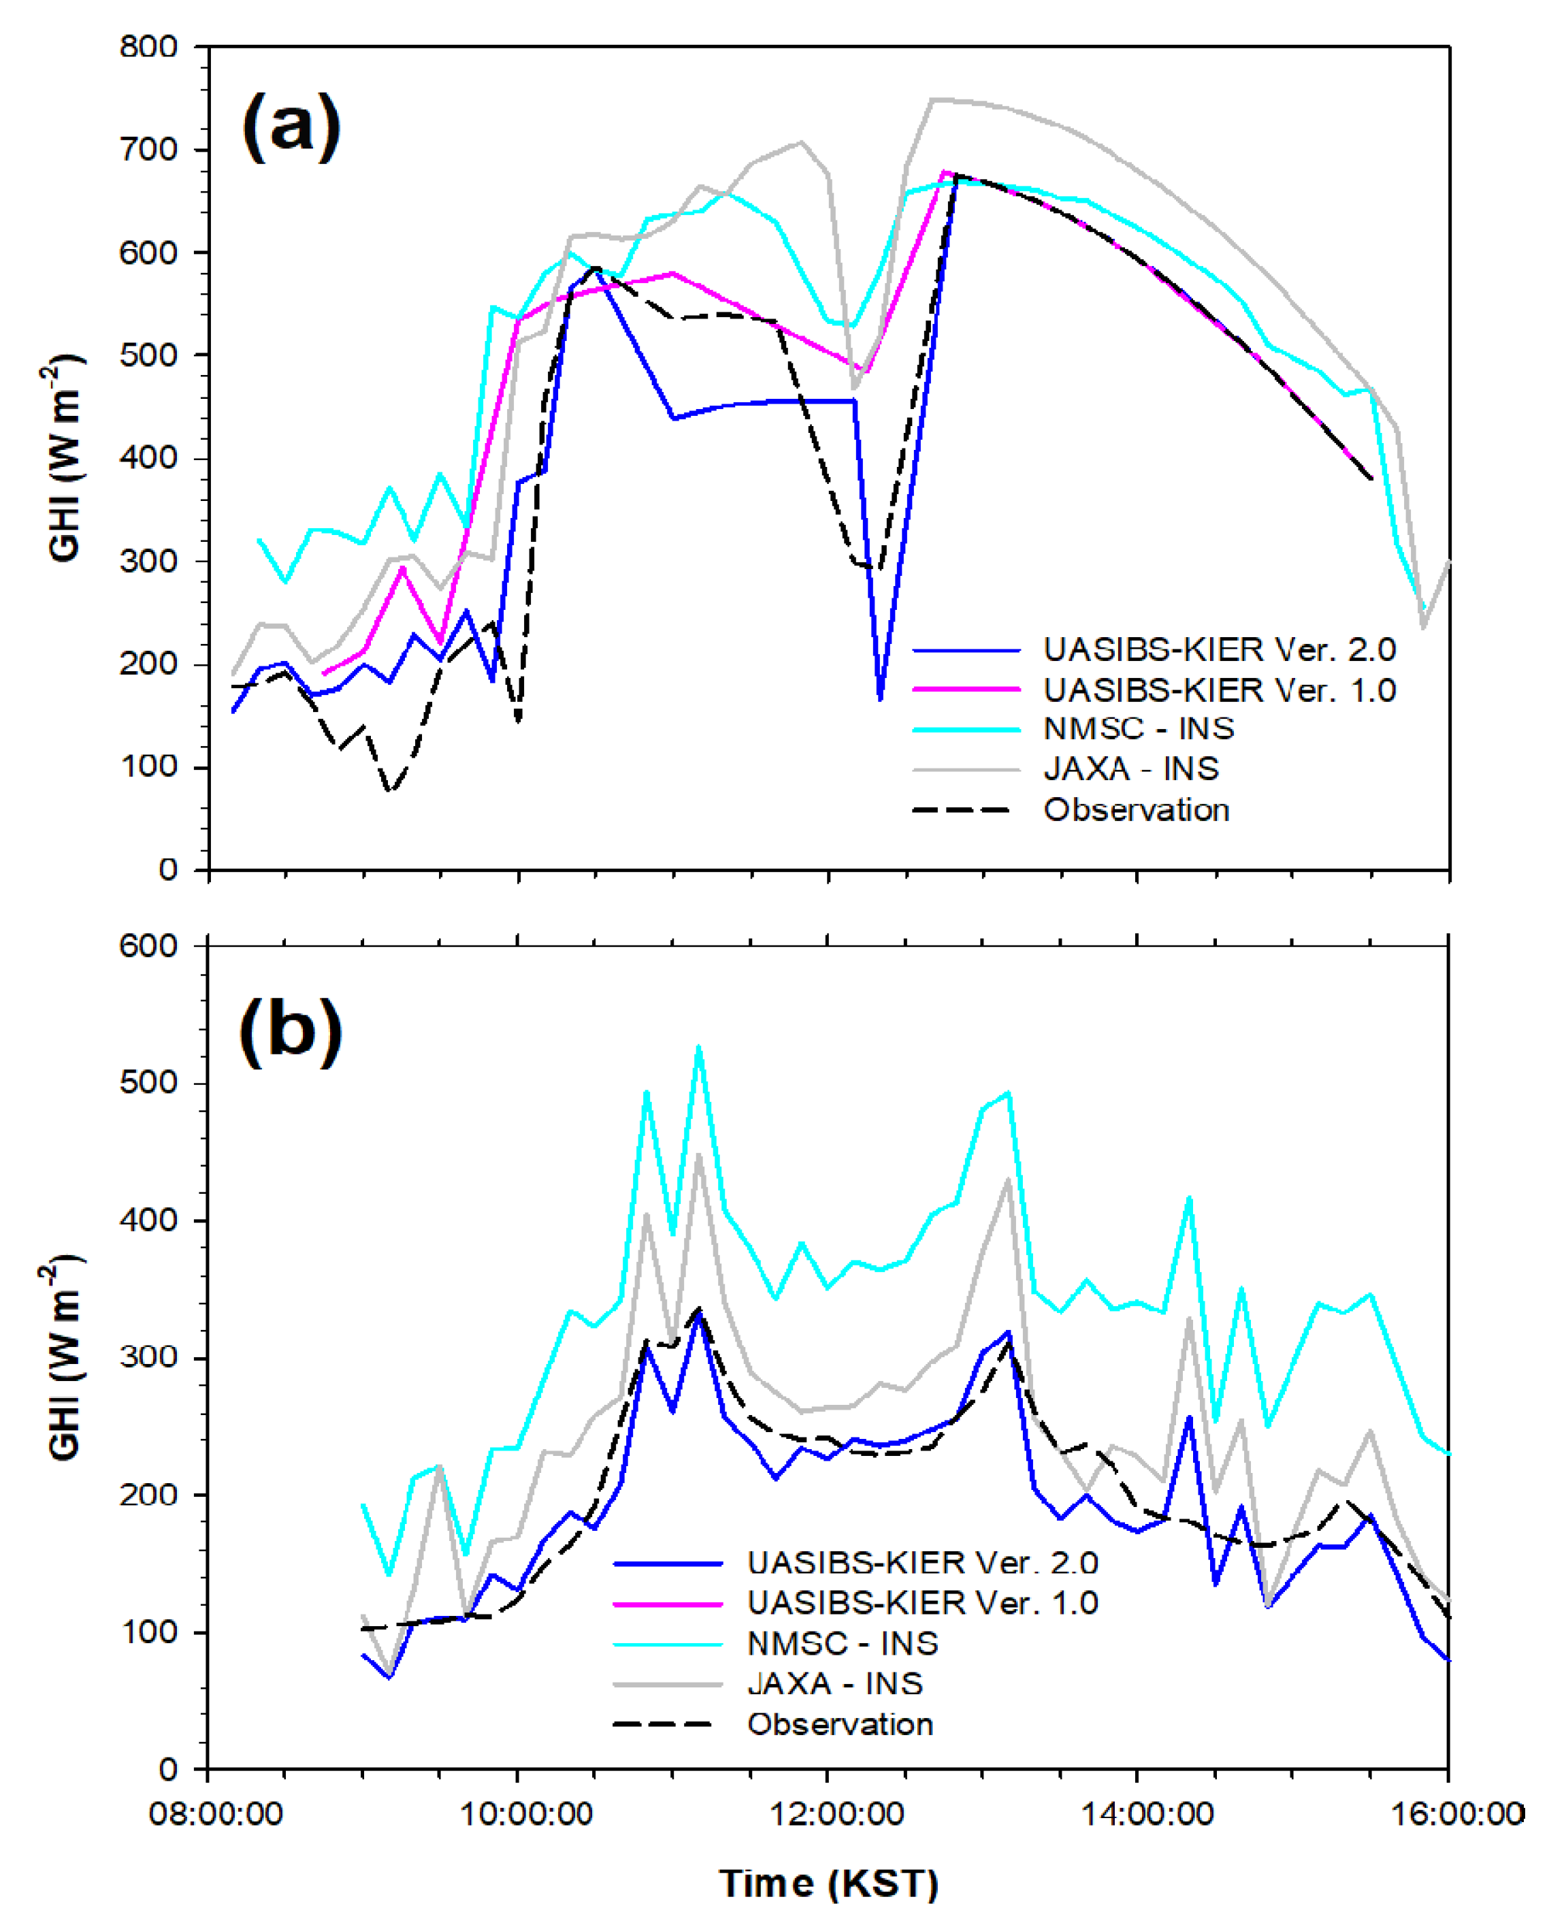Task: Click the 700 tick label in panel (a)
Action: [148, 150]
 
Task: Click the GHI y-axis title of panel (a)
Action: [65, 458]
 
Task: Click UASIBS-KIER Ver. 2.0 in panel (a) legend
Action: [1219, 649]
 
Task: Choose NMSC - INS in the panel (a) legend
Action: [1138, 728]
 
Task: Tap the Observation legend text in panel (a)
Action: [1136, 810]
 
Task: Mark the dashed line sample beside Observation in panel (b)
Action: [662, 1724]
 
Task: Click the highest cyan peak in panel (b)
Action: [698, 1047]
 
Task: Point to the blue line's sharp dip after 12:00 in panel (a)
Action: [881, 698]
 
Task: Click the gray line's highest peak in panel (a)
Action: [932, 99]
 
